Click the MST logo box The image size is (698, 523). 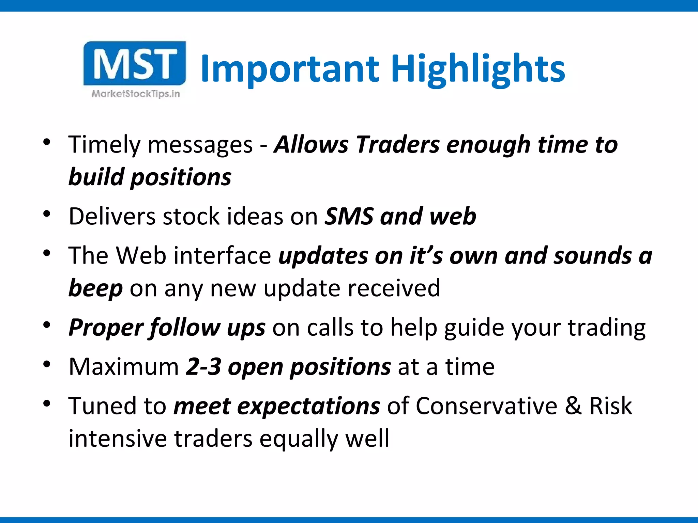click(135, 63)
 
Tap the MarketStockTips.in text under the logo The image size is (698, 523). click(136, 94)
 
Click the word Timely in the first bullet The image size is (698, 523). click(104, 145)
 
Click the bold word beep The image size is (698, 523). click(95, 289)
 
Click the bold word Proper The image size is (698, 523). click(106, 328)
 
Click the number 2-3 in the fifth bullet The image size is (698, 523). click(203, 367)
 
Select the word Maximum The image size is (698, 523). click(124, 367)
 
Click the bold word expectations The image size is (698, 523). click(308, 407)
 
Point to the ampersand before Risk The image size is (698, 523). click(573, 406)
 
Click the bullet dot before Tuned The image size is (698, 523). click(47, 404)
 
